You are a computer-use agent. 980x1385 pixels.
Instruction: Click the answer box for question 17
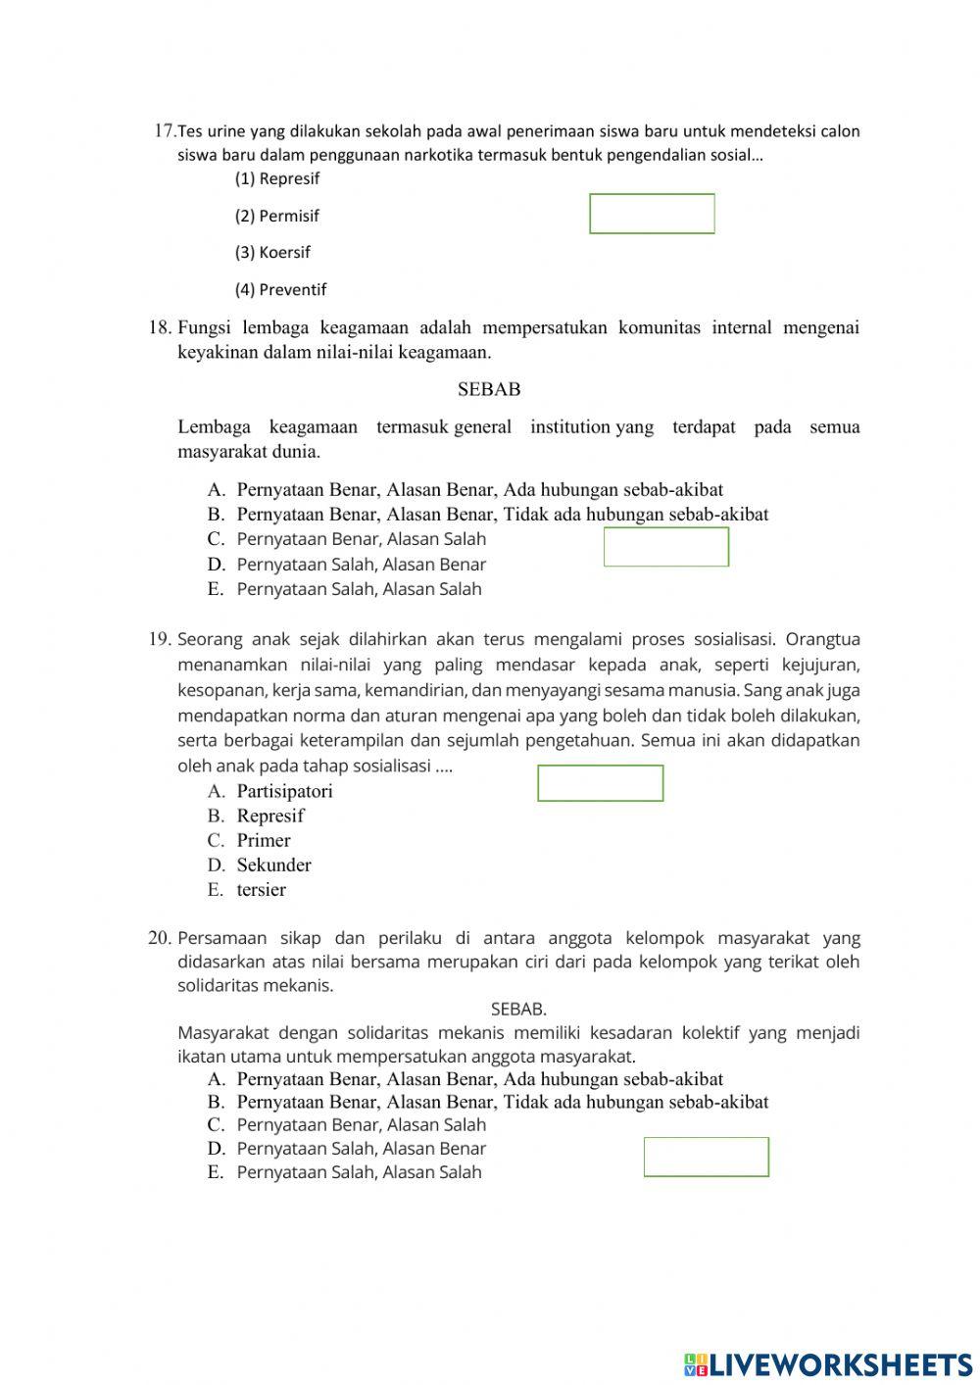pos(652,214)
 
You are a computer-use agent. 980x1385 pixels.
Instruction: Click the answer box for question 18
pos(666,547)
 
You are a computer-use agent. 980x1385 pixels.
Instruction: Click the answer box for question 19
pos(601,783)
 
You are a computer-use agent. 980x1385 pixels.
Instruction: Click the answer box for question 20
pos(707,1157)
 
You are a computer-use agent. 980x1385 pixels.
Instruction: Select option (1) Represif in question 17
pos(277,178)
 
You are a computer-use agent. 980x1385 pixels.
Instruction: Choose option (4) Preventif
pos(280,289)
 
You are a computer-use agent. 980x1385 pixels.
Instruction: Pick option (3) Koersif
pos(272,252)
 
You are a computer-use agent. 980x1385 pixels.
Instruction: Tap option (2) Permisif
pos(277,216)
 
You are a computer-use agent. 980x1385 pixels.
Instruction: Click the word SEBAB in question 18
pos(489,389)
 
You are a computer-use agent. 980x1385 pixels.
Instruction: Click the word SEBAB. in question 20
pos(518,1009)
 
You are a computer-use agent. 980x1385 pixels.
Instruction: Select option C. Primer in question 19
pos(250,840)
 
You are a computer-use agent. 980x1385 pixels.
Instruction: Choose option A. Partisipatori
pos(270,791)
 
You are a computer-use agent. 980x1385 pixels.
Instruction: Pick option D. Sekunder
pos(260,865)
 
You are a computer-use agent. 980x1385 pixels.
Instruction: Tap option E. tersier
pos(247,890)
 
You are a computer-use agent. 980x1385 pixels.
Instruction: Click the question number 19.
pos(160,639)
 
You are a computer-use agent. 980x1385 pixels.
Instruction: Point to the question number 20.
pos(160,938)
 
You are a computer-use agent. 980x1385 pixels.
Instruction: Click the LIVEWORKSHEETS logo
pos(829,1363)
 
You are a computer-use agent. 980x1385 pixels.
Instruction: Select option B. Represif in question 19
pos(257,816)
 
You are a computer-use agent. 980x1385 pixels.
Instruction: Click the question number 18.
pos(160,327)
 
